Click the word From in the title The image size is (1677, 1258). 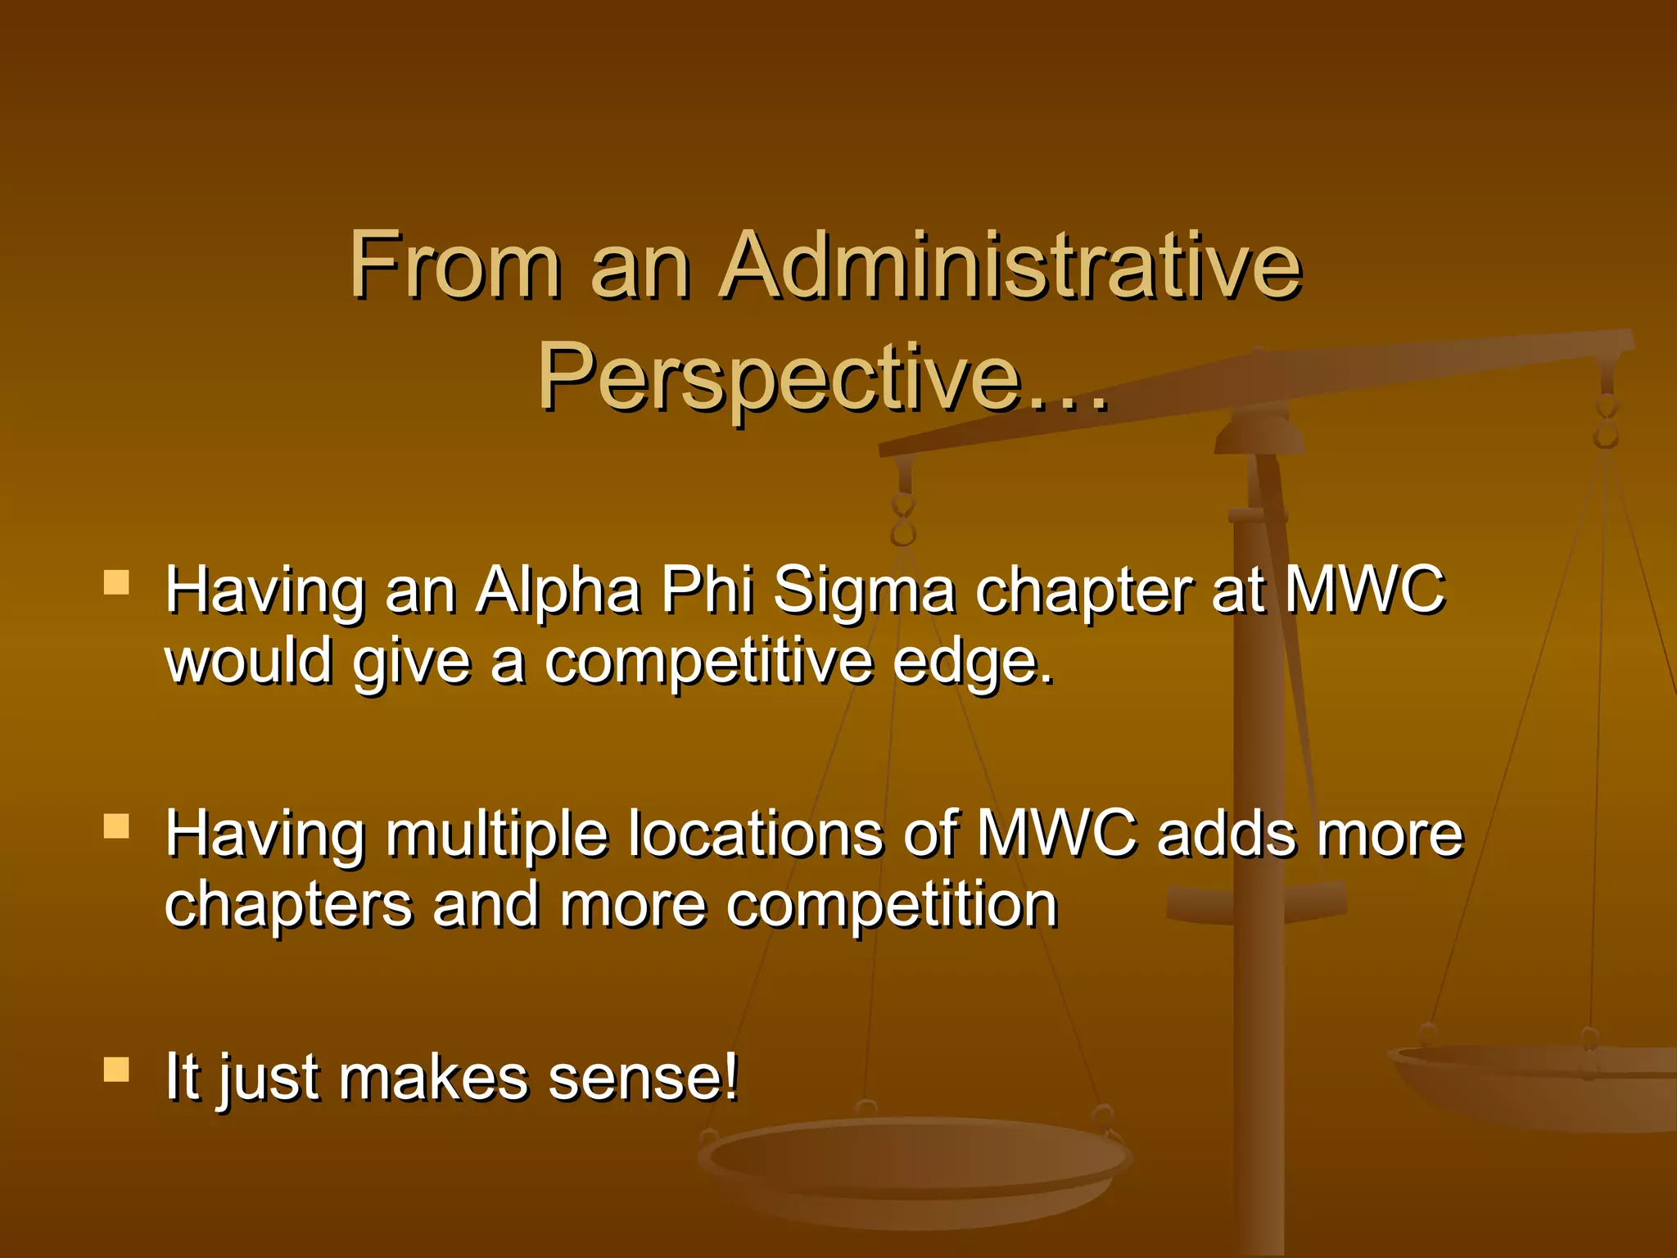pyautogui.click(x=455, y=266)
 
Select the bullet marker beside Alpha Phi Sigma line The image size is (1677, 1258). pyautogui.click(x=116, y=582)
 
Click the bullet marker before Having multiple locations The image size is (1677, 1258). pyautogui.click(x=116, y=826)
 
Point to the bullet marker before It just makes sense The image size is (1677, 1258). pyautogui.click(x=116, y=1070)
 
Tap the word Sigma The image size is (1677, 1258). pyautogui.click(x=864, y=591)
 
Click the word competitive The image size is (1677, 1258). pyautogui.click(x=709, y=662)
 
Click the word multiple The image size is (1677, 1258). pyautogui.click(x=496, y=835)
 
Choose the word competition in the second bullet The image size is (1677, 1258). pyautogui.click(x=892, y=906)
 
